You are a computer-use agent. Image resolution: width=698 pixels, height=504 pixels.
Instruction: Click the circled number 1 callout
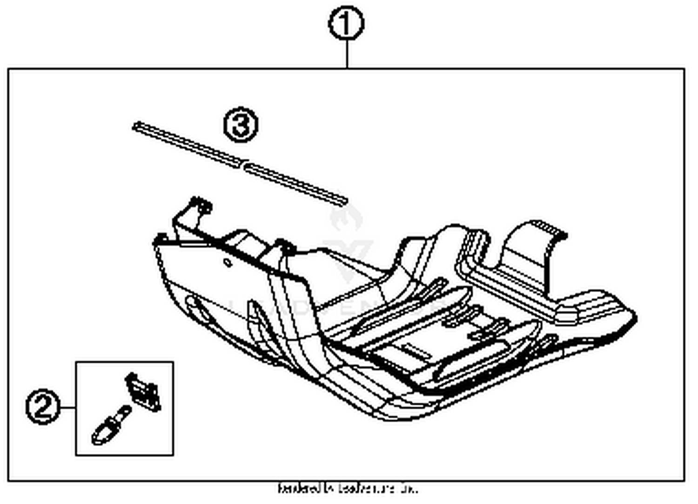[346, 24]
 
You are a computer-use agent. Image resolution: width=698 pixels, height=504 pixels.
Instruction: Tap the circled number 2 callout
[42, 408]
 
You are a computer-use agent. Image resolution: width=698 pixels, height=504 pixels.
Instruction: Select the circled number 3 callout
[240, 125]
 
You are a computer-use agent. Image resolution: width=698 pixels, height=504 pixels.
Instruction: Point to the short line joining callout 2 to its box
[68, 408]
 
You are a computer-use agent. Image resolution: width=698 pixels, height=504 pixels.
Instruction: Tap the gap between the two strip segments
[243, 164]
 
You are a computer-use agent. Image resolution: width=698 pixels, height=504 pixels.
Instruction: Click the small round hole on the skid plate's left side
[228, 262]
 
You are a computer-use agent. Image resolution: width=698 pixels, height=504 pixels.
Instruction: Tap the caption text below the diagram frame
[347, 489]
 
